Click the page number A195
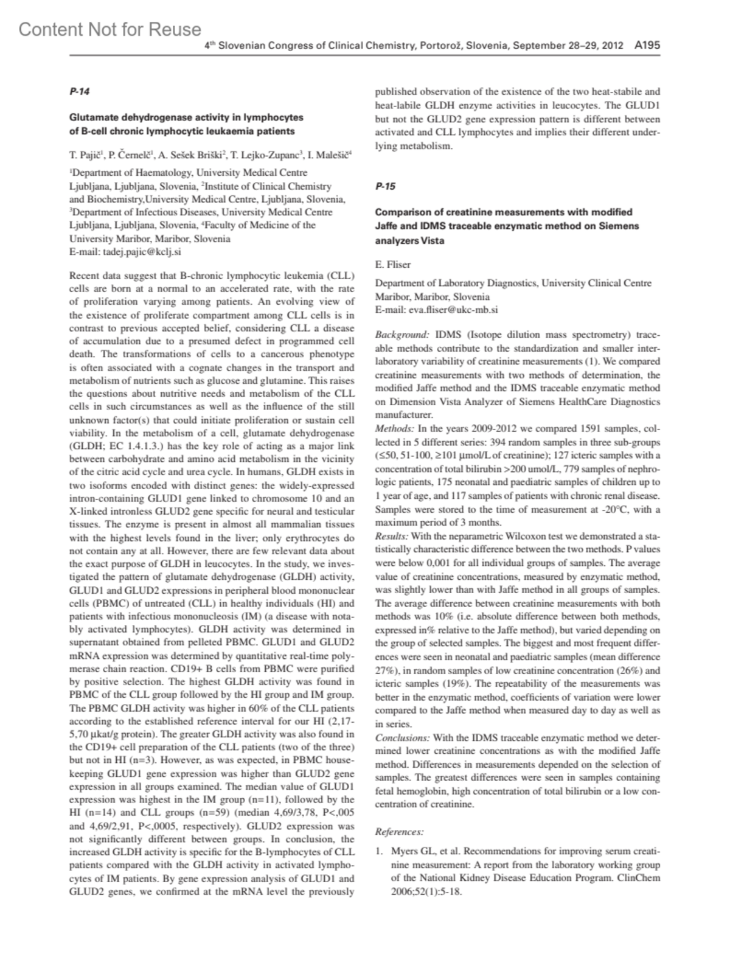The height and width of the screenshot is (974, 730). (647, 45)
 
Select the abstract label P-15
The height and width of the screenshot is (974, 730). (385, 186)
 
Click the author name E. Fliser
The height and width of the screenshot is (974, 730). (393, 264)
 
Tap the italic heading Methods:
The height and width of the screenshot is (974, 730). (394, 428)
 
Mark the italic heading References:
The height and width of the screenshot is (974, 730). (399, 831)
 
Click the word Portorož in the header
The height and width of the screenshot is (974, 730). (439, 46)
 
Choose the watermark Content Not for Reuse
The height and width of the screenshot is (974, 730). (109, 29)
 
